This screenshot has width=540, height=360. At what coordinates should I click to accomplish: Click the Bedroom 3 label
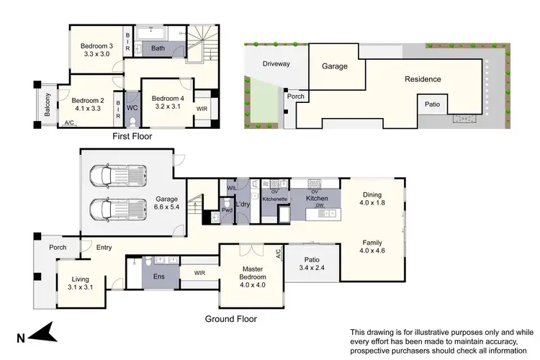pos(90,31)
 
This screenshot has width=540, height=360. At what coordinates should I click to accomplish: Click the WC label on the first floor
pos(132,108)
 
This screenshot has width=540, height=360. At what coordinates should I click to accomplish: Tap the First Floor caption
pos(132,135)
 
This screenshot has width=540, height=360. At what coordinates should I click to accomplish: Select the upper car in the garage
pos(117,174)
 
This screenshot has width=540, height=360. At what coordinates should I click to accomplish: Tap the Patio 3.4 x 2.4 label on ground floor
pos(312,265)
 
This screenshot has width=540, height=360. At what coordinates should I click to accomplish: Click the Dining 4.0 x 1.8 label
pos(372,199)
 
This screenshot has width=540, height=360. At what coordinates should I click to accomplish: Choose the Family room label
pos(372,243)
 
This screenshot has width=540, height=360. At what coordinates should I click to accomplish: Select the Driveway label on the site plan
pos(276,63)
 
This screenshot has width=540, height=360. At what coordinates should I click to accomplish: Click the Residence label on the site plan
pos(422,79)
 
